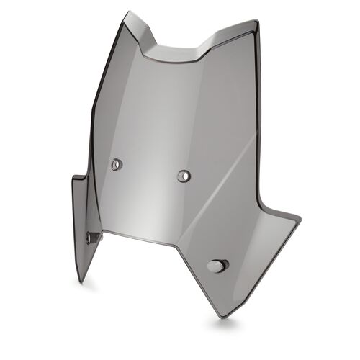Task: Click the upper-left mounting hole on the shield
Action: point(116,164)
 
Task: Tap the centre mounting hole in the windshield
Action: point(184,175)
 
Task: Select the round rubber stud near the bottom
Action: point(216,266)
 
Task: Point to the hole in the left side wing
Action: point(91,237)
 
